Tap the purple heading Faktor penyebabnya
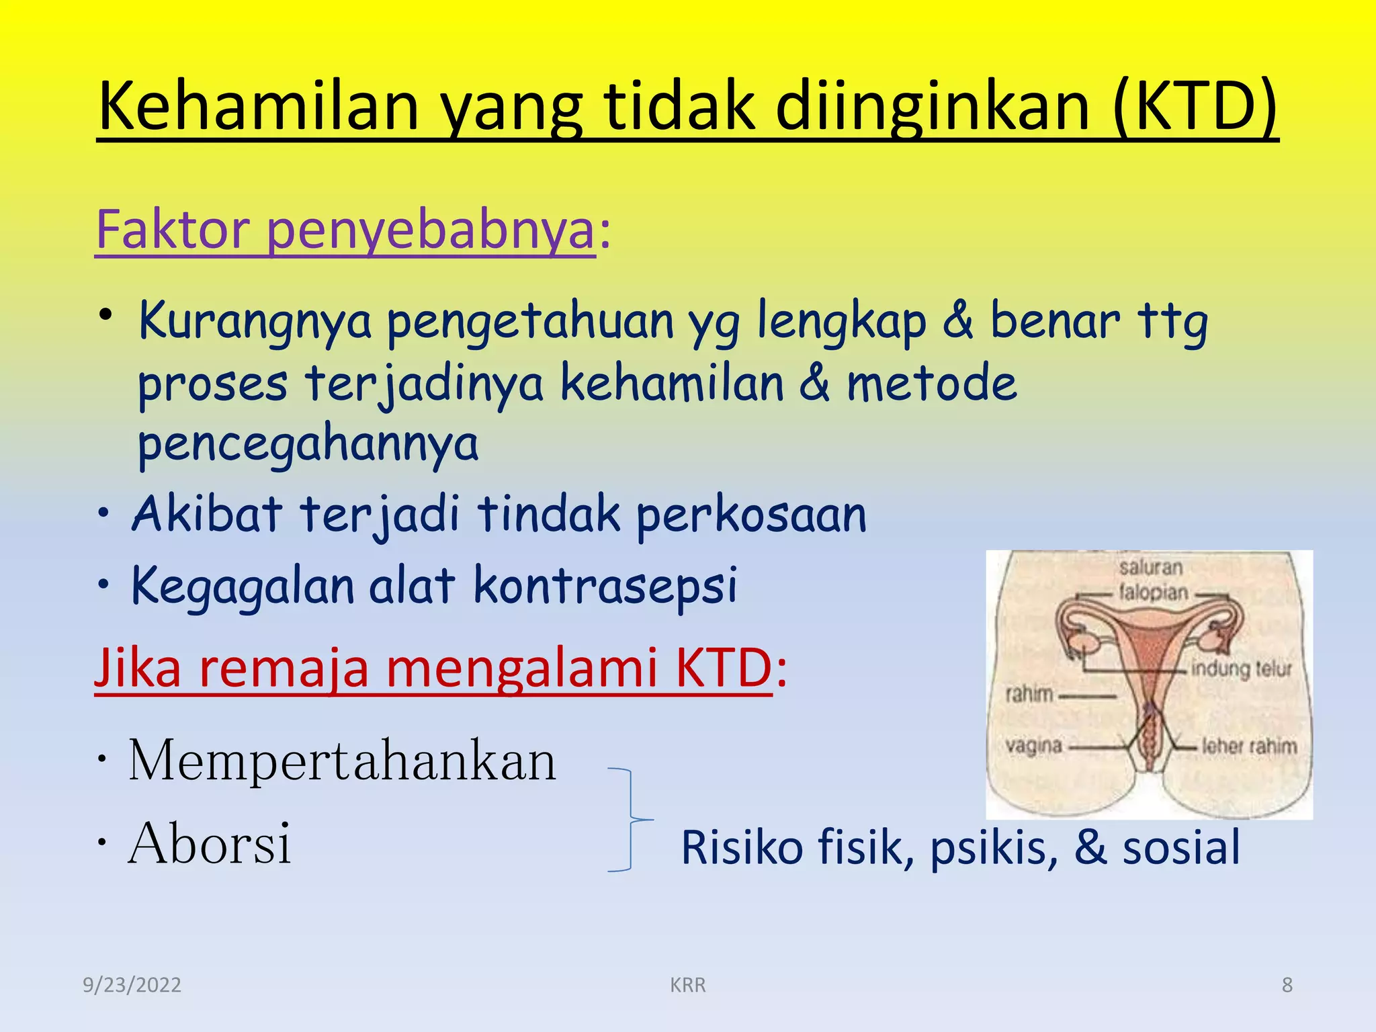coord(345,230)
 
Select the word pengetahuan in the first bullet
coord(530,321)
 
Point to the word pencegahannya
coord(308,443)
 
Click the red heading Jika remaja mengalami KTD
coord(433,669)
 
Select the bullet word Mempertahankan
coord(343,761)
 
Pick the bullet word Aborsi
coord(210,844)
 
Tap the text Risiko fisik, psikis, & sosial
coord(960,848)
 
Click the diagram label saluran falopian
coord(1152,580)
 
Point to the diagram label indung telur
coord(1241,669)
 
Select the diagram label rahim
coord(1029,693)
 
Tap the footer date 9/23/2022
coord(132,985)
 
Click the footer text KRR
coord(687,985)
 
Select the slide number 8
coord(1287,985)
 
